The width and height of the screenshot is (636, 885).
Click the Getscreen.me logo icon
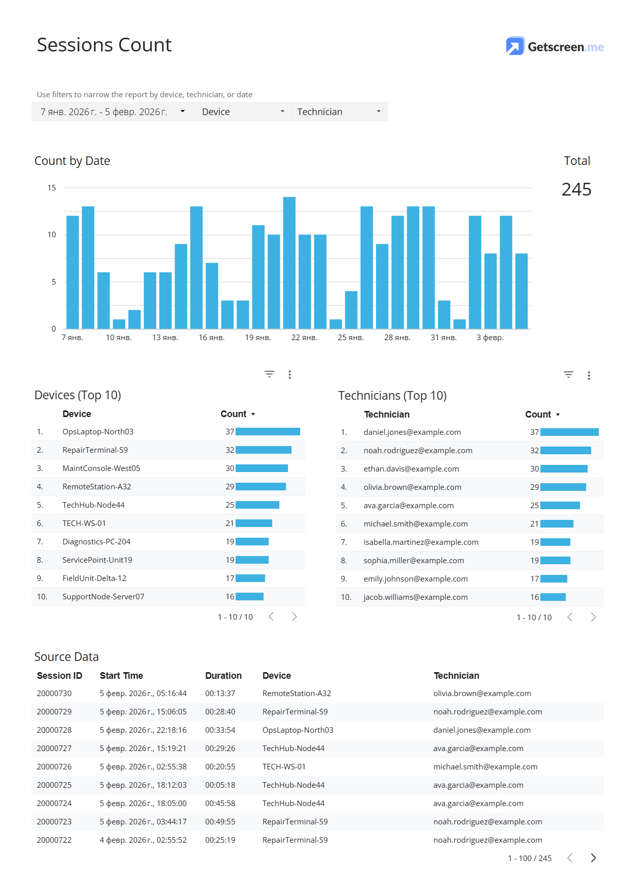[515, 46]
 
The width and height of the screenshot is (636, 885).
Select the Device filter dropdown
[243, 112]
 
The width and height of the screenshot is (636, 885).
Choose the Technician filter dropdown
[339, 112]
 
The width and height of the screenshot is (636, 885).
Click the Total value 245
[576, 189]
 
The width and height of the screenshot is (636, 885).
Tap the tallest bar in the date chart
[289, 262]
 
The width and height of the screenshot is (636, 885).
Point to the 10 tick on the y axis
[52, 235]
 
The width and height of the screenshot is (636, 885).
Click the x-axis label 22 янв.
[304, 338]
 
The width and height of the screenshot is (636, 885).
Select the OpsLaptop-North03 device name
[98, 432]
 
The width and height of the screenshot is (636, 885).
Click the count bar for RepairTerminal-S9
[263, 450]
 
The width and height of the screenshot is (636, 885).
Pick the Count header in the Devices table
[234, 414]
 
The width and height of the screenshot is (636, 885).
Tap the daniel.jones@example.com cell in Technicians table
[412, 432]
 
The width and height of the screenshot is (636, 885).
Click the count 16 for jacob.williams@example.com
[534, 597]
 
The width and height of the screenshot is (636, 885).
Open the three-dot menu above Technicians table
[589, 375]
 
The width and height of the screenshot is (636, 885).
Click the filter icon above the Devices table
[269, 374]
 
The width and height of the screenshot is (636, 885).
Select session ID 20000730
[54, 694]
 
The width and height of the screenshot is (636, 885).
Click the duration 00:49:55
[220, 822]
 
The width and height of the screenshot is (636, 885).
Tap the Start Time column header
[121, 676]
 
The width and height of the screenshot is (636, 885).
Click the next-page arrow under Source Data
[593, 858]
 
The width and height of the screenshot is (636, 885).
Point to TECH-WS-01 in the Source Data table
[284, 767]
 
